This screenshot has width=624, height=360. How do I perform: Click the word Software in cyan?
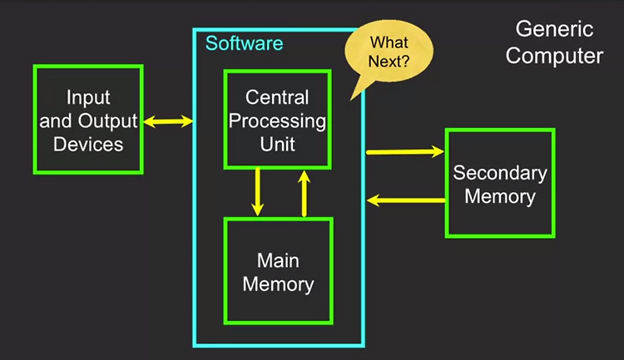(244, 43)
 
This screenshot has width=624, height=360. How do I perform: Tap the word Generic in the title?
(554, 29)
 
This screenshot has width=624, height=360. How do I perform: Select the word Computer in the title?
(554, 56)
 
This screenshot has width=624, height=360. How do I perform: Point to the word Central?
(277, 97)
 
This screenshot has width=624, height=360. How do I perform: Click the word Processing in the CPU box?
(277, 121)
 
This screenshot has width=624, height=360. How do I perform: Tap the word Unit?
(277, 144)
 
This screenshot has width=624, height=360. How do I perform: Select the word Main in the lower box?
(278, 261)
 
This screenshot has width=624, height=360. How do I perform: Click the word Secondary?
(500, 173)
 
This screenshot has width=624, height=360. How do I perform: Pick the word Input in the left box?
(88, 97)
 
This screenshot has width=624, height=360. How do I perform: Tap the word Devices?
(88, 144)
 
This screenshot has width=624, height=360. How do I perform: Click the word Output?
(107, 121)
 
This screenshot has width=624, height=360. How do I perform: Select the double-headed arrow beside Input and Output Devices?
(168, 121)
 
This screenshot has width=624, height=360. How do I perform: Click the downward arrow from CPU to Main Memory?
(257, 192)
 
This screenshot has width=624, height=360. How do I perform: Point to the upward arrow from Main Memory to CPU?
(304, 194)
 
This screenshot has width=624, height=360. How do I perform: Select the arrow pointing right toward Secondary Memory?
(405, 151)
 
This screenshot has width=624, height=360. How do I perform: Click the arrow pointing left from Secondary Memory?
(406, 200)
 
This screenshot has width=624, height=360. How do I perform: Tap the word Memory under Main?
(278, 285)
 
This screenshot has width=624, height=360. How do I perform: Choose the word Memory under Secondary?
(500, 197)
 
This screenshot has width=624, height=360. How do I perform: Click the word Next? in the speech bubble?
(389, 62)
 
